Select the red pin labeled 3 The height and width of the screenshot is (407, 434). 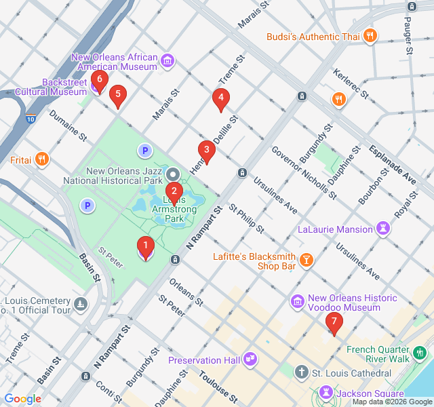206,151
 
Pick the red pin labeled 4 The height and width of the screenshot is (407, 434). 220,100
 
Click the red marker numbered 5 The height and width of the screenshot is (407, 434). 118,96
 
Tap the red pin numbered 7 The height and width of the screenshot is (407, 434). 333,324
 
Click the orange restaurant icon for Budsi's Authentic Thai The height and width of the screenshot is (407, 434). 370,36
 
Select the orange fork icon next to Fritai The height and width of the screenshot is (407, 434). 42,159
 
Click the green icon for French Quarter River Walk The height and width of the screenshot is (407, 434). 420,352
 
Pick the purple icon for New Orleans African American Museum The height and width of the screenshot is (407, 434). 167,63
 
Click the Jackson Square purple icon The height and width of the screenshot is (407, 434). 326,393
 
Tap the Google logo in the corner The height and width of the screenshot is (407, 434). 23,399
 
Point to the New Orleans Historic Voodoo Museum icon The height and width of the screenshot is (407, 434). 296,301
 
